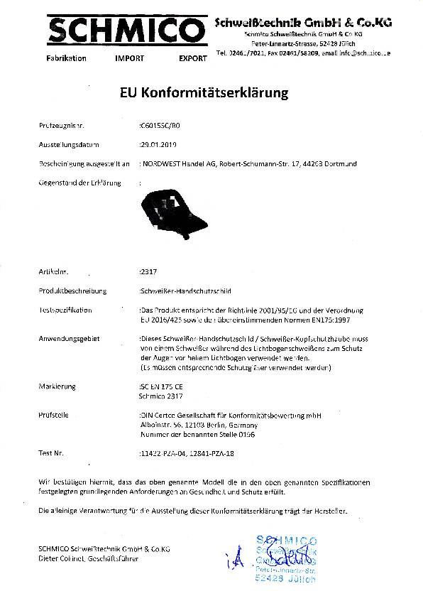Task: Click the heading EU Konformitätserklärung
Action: (211, 93)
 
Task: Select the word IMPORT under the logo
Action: (128, 58)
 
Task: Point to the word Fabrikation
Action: (66, 58)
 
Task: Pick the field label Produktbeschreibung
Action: (73, 291)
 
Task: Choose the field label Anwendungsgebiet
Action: (68, 339)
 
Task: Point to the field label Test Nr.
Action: (52, 452)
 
